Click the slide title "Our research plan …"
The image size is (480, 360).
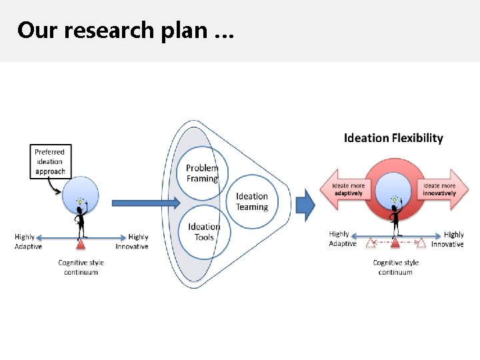pyautogui.click(x=125, y=31)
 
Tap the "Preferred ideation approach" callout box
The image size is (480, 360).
pyautogui.click(x=50, y=161)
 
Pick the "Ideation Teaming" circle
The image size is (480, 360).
pyautogui.click(x=252, y=201)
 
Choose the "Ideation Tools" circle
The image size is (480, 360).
pyautogui.click(x=203, y=231)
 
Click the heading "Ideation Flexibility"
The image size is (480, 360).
pyautogui.click(x=393, y=138)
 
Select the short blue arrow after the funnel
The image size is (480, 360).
pyautogui.click(x=305, y=204)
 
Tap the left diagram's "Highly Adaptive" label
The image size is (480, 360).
pyautogui.click(x=27, y=241)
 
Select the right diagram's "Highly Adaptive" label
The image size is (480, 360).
pyautogui.click(x=342, y=239)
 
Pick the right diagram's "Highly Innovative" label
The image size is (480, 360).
pyautogui.click(x=449, y=239)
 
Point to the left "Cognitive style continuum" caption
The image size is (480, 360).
pyautogui.click(x=81, y=267)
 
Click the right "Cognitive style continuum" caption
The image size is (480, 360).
pyautogui.click(x=396, y=267)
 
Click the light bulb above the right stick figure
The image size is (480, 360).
pyautogui.click(x=395, y=199)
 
